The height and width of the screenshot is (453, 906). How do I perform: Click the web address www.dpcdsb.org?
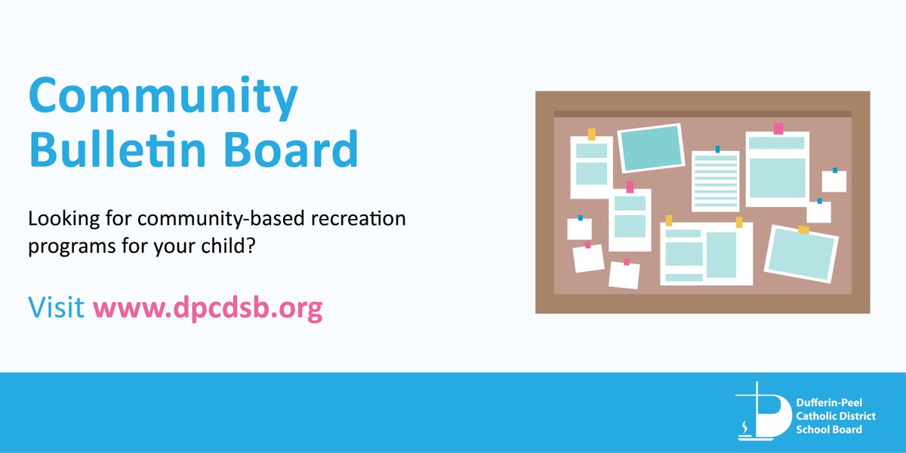point(208,308)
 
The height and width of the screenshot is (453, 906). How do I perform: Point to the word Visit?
point(56,308)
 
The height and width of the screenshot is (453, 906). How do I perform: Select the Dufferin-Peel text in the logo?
point(828,404)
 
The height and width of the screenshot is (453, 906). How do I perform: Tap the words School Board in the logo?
point(828,429)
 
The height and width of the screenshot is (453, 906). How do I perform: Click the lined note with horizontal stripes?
point(715,181)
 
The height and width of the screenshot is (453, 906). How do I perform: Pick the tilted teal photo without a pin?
point(650,148)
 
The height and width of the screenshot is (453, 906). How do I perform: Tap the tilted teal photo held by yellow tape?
point(801,252)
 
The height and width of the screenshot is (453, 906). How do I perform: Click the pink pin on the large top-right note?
point(778,128)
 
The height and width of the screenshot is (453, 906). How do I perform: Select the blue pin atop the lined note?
point(717,149)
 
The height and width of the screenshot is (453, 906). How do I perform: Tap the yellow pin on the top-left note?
point(592,134)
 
